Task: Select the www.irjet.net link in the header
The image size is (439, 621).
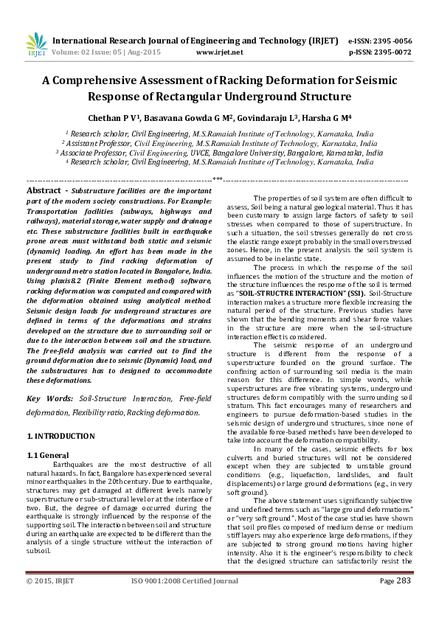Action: click(x=219, y=52)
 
